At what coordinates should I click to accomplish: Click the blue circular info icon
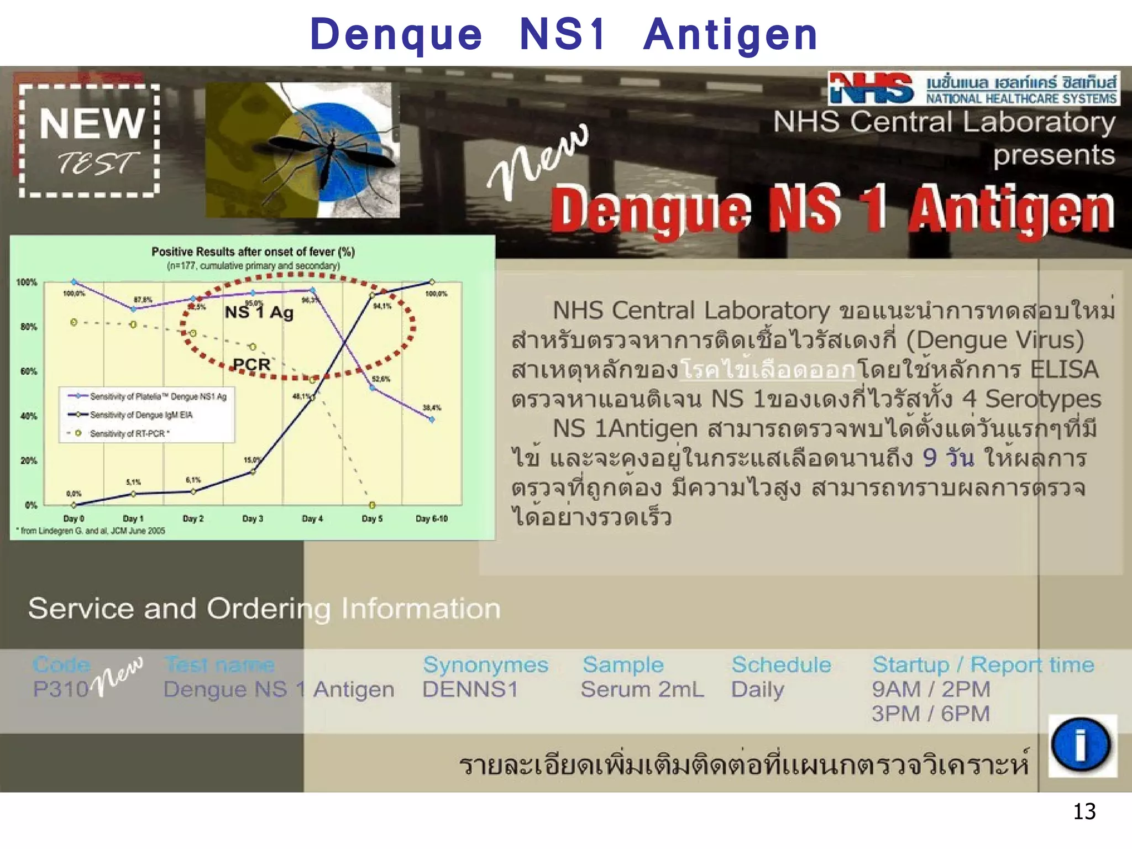(1081, 745)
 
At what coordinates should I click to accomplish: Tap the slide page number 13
(1084, 811)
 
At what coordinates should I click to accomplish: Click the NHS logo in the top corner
(871, 89)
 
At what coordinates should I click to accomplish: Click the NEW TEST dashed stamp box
(90, 140)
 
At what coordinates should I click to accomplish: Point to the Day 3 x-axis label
(253, 518)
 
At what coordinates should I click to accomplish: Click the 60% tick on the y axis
(29, 371)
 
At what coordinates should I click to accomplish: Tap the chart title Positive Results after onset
(253, 252)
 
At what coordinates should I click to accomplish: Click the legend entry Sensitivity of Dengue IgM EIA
(141, 415)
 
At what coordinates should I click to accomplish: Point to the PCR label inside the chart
(251, 365)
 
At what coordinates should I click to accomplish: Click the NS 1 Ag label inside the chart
(259, 312)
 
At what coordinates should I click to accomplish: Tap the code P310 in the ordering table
(60, 689)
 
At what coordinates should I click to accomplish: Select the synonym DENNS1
(470, 689)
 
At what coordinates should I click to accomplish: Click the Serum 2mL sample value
(642, 689)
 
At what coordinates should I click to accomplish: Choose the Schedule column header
(781, 665)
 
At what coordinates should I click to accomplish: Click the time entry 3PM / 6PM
(930, 714)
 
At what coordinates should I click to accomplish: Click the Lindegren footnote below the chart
(91, 531)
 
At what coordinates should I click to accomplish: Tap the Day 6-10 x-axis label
(431, 518)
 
